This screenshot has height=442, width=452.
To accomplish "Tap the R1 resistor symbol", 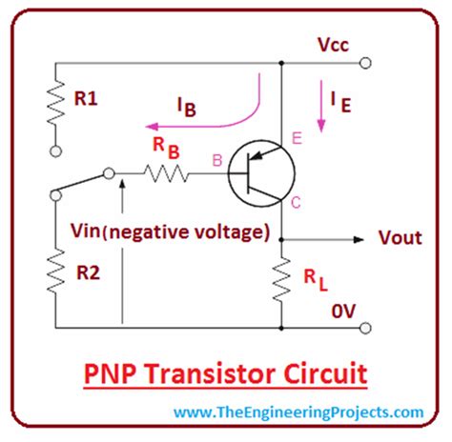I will tap(56, 105).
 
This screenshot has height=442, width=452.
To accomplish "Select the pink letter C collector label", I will tap(297, 201).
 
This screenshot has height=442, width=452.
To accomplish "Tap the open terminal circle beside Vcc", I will tap(365, 64).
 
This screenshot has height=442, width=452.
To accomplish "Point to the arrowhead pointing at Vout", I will tap(358, 238).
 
